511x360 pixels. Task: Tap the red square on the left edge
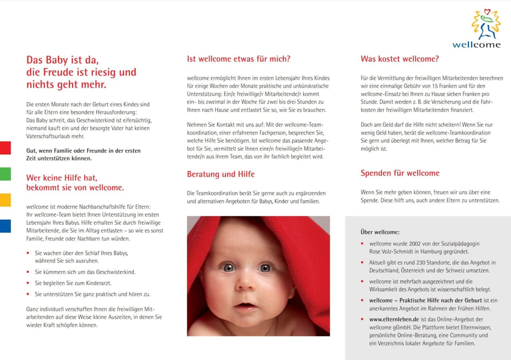[5, 148]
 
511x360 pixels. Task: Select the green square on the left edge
[5, 174]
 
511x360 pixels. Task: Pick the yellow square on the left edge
[5, 200]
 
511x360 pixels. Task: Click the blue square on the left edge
[5, 226]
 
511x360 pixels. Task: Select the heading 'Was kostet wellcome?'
[400, 59]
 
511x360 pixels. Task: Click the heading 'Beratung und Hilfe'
[221, 174]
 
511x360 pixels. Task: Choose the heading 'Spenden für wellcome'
[400, 173]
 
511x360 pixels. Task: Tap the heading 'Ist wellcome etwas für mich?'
[239, 59]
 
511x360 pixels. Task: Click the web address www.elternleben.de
[394, 319]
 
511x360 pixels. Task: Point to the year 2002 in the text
[415, 244]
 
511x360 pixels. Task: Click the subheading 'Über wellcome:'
[380, 232]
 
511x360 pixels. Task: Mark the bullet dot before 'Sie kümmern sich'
[28, 272]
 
